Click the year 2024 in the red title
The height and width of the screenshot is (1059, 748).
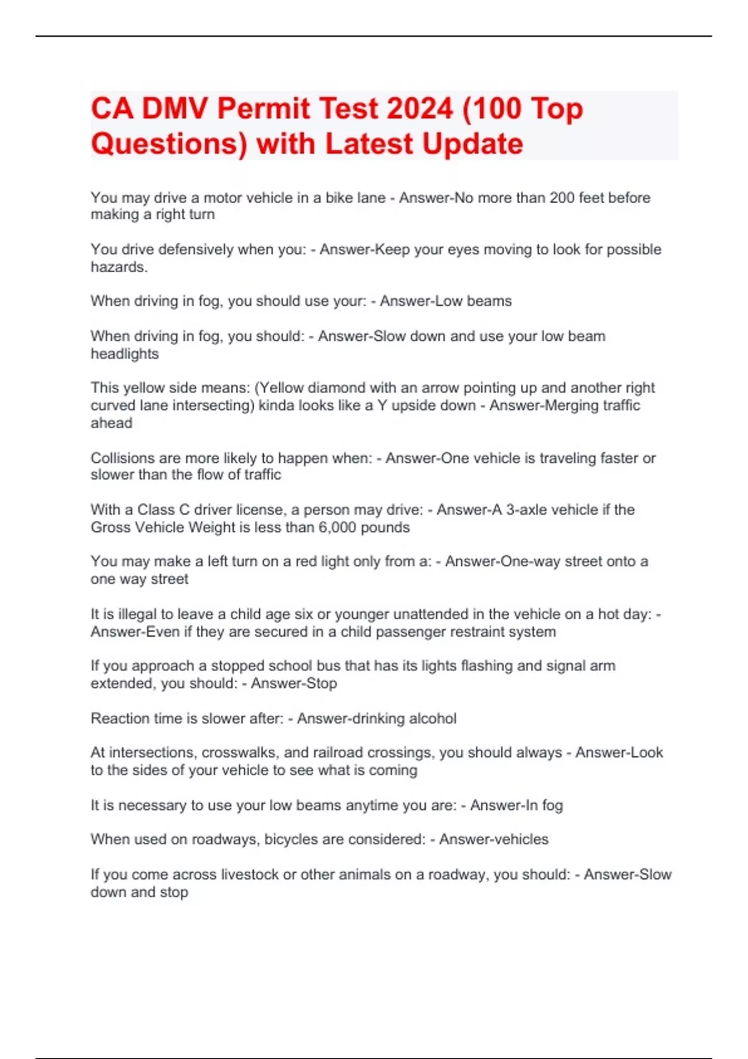(x=420, y=109)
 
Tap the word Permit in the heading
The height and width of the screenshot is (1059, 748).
(x=263, y=109)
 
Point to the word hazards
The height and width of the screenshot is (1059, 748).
(x=118, y=267)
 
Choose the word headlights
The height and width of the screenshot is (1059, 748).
(x=125, y=354)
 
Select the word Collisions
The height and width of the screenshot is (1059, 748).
(x=122, y=458)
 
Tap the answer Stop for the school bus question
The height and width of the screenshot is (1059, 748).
(x=322, y=683)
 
